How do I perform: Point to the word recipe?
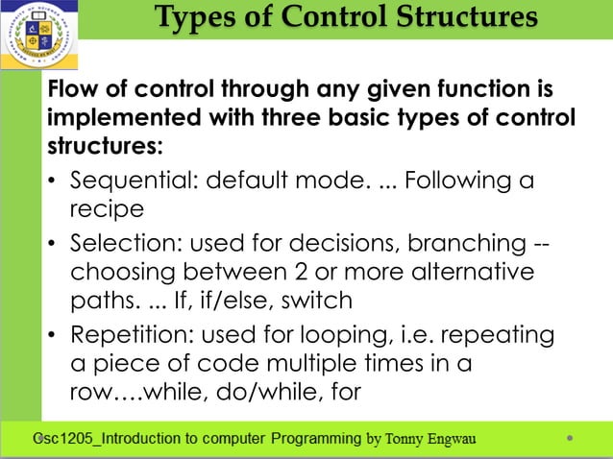pyautogui.click(x=107, y=207)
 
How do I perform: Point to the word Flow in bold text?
pyautogui.click(x=73, y=90)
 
